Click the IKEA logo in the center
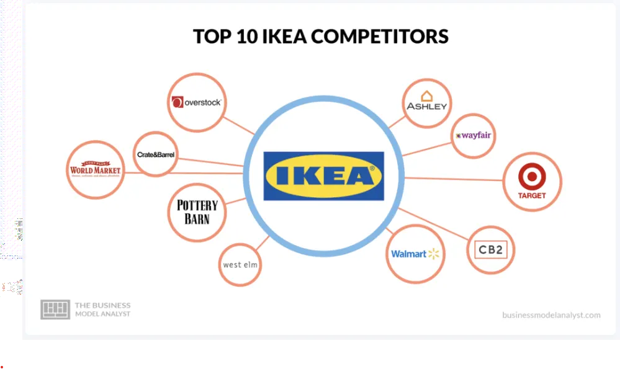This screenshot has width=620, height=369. (x=323, y=176)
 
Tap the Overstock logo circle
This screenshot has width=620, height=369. (x=197, y=102)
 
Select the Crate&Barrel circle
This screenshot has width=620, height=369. (x=155, y=154)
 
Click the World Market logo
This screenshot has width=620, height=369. (x=95, y=170)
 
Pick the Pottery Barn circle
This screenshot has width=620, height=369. (x=197, y=212)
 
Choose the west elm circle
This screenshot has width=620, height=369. (x=240, y=264)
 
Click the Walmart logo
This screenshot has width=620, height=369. (x=415, y=254)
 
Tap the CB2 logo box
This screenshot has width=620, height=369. (x=490, y=250)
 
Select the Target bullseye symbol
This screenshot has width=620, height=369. (x=532, y=177)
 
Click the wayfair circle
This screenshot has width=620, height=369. (x=474, y=135)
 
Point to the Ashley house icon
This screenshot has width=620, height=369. (x=427, y=96)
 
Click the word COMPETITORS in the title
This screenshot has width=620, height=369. (x=380, y=36)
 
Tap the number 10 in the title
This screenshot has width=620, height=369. (x=236, y=36)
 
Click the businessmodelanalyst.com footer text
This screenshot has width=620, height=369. (x=551, y=315)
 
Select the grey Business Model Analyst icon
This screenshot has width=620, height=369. (x=55, y=309)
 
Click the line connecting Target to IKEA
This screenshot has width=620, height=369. (x=453, y=179)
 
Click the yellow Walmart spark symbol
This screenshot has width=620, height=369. (x=433, y=254)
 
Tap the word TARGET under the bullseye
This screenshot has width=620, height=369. (x=532, y=195)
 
